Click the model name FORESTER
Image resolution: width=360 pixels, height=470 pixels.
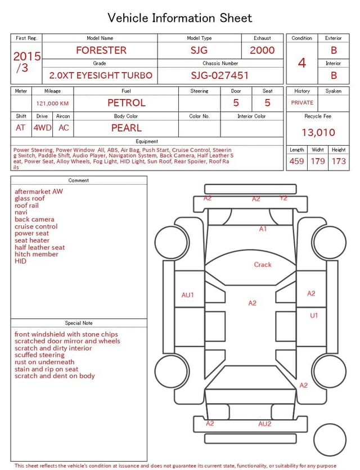[101, 50]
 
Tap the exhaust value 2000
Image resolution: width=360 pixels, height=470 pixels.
[262, 50]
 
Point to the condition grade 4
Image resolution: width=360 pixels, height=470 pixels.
[302, 62]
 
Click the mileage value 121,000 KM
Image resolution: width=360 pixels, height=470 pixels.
[52, 104]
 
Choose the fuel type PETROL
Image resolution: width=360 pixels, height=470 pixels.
[127, 103]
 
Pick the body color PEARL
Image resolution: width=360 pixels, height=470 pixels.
[127, 128]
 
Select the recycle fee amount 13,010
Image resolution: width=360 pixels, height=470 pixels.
[318, 132]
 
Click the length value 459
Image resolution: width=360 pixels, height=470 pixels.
[296, 161]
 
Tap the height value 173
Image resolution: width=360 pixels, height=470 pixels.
[339, 161]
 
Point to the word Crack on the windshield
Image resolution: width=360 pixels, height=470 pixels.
[263, 265]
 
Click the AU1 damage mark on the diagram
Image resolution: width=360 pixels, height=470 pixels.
[188, 295]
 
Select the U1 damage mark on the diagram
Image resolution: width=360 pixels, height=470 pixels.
[314, 316]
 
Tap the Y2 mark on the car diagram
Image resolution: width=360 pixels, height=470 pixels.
[283, 198]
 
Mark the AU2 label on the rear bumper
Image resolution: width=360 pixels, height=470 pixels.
[265, 424]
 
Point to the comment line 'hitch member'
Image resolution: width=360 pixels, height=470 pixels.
[37, 254]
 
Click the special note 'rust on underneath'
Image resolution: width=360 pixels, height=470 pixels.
[44, 362]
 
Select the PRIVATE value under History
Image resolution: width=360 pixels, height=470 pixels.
[302, 103]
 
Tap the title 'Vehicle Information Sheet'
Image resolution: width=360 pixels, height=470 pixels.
[180, 18]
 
